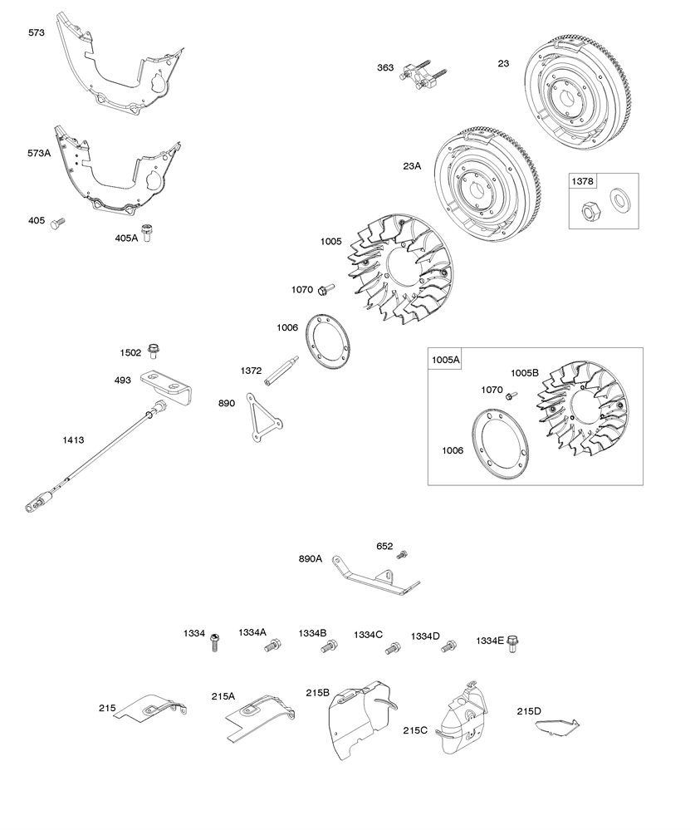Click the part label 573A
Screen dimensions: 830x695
(39, 153)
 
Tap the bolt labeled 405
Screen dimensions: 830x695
(57, 223)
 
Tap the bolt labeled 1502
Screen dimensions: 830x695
(153, 351)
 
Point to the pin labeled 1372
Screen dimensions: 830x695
(280, 371)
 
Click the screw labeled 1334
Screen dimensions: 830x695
(214, 641)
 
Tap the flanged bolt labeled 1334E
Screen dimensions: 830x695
(512, 642)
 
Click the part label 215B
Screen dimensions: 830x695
(317, 692)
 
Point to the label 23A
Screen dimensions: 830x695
(413, 166)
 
